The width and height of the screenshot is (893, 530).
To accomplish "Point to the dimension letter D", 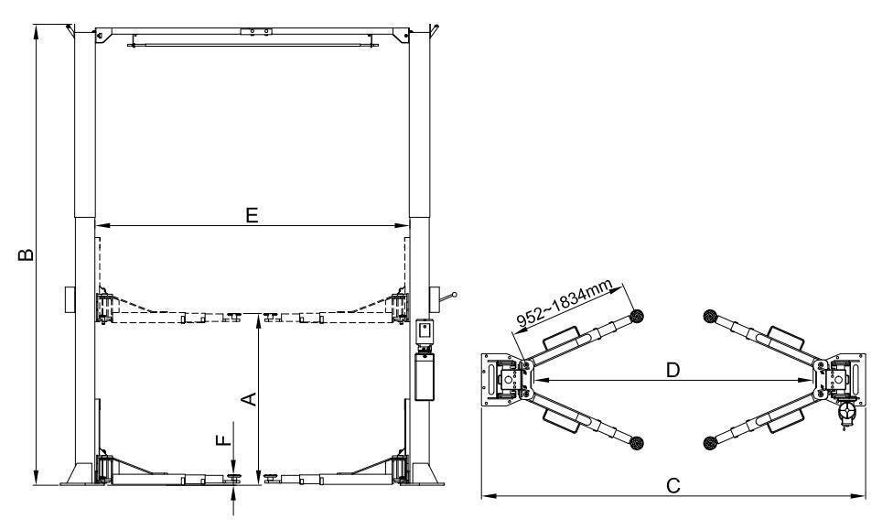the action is [672, 370].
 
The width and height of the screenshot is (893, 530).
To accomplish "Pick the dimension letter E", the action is [253, 216].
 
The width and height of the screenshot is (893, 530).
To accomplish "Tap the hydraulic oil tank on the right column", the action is [423, 379].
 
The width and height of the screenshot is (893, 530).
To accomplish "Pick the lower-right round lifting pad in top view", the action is [708, 444].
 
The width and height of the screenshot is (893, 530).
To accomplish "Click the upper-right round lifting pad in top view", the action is [708, 317].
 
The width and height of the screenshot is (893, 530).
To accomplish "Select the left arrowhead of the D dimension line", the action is [539, 378].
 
